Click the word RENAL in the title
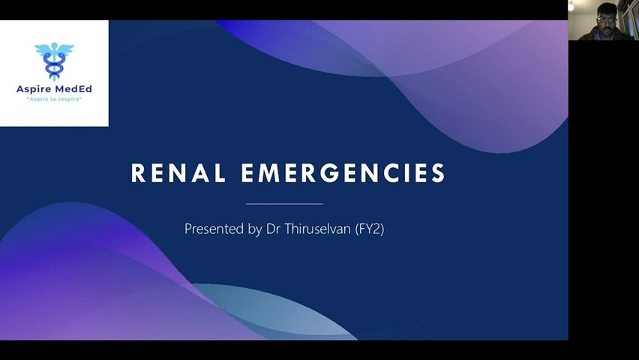tap(178, 172)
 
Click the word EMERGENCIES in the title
tap(343, 172)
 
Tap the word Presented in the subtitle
tap(214, 228)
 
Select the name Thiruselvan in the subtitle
tap(317, 228)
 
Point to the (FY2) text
tap(370, 229)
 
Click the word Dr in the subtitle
tap(273, 228)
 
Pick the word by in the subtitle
tap(255, 229)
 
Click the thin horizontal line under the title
tap(284, 203)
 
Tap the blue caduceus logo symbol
tap(54, 61)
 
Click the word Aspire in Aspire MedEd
tap(33, 89)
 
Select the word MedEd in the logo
tap(73, 89)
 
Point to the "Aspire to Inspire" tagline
tap(54, 100)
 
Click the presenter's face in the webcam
tap(607, 20)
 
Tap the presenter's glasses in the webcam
tap(607, 19)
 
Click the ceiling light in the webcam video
tap(571, 6)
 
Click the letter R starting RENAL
tap(138, 172)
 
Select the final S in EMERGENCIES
tap(438, 172)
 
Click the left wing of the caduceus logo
tap(43, 49)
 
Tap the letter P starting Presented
tap(187, 228)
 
